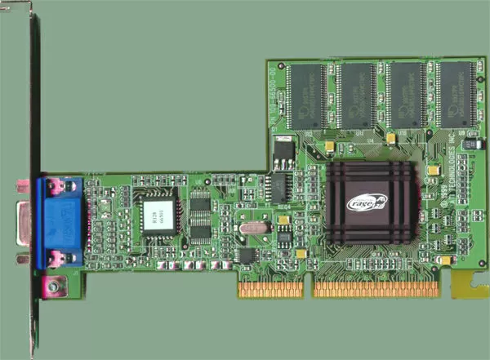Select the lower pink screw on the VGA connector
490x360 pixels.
(56, 260)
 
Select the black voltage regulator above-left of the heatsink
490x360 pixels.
(283, 151)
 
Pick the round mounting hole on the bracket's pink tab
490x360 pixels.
(54, 287)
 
